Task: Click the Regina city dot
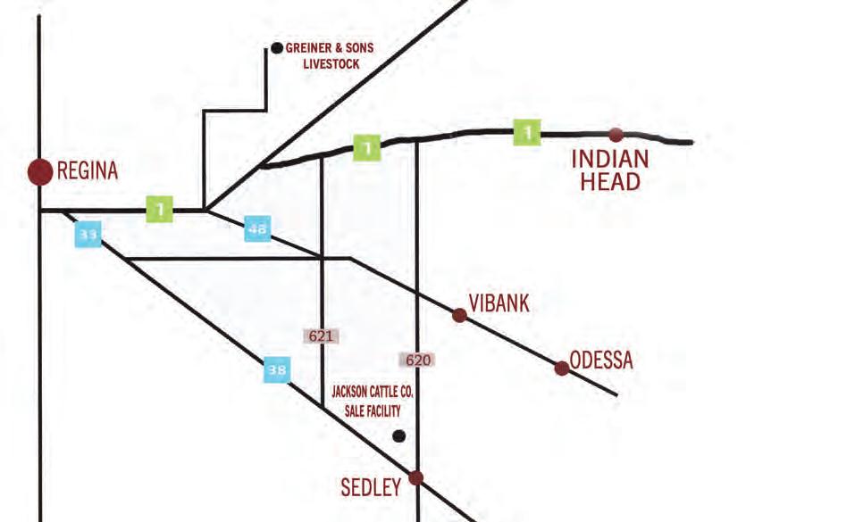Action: coord(40,171)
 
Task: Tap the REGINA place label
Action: coord(88,171)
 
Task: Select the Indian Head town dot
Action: coord(616,135)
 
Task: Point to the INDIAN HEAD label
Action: coord(610,170)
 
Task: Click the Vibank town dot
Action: coord(459,315)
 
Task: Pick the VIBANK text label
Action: coord(499,303)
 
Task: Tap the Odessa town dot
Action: coord(562,368)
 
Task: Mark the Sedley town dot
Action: coord(415,478)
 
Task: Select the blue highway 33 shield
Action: coord(88,235)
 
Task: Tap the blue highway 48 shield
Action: coord(257,228)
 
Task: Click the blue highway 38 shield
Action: coord(277,369)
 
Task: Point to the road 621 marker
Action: coord(322,336)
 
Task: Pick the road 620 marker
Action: coord(417,360)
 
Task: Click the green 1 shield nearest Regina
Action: coord(160,210)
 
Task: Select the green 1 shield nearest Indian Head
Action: coord(527,133)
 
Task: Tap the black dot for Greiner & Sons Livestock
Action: coord(277,47)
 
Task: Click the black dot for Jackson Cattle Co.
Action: coord(399,436)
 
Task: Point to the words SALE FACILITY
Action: coord(373,411)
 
